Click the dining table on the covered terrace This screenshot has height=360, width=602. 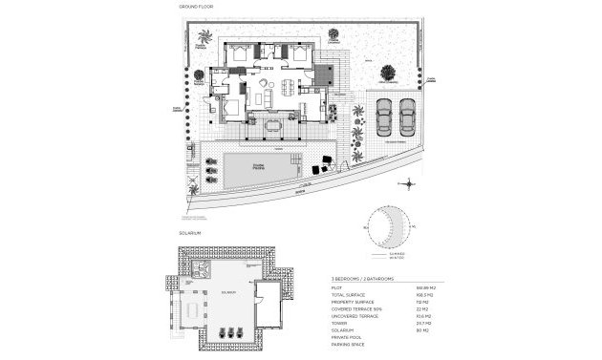click(x=274, y=124)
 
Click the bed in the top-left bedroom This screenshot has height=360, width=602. click(x=239, y=55)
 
